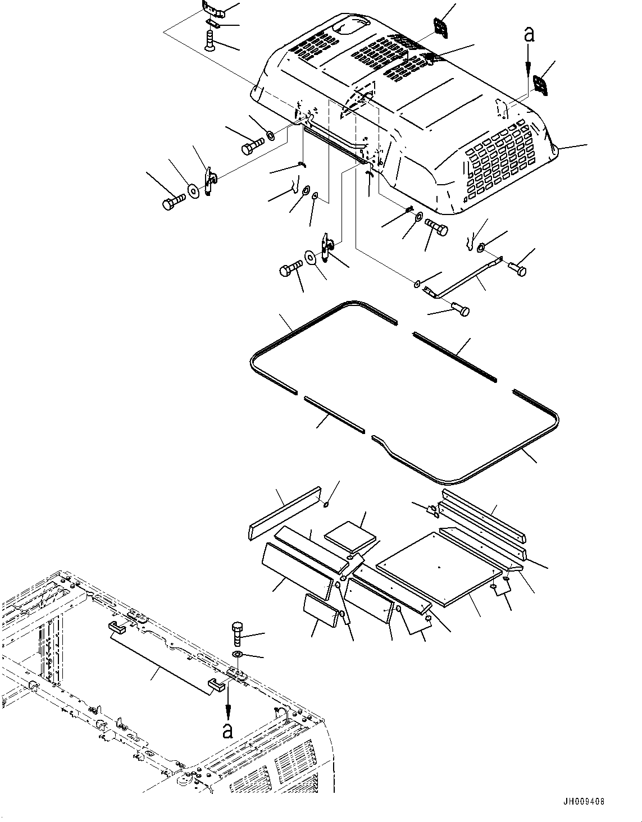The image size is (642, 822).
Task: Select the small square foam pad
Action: [x=351, y=537]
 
